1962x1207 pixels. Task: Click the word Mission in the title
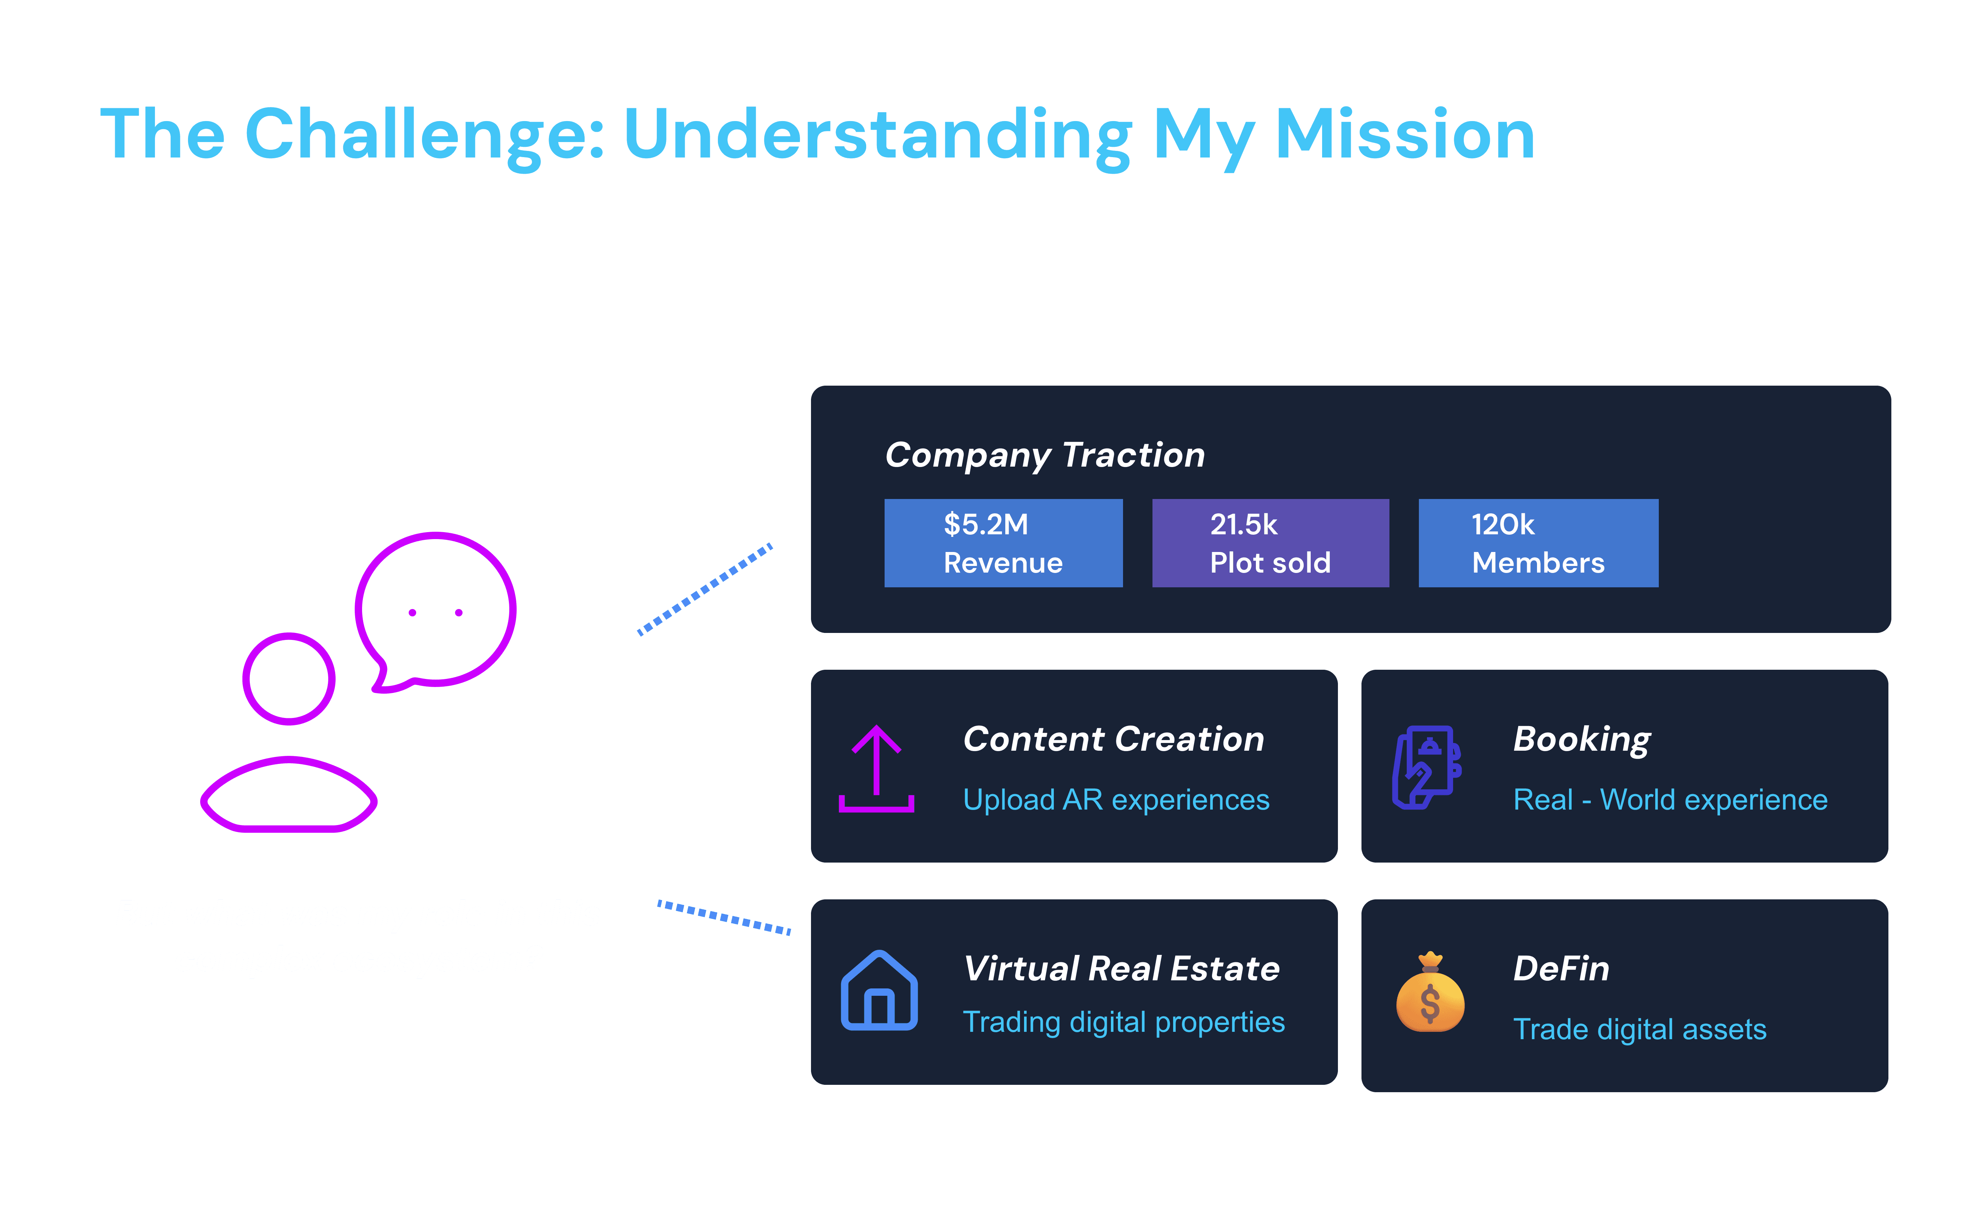(1405, 134)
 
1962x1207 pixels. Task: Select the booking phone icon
(1426, 767)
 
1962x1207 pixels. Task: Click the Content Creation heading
(1113, 739)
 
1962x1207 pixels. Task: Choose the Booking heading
(1581, 739)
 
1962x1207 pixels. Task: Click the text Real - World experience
(1670, 800)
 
